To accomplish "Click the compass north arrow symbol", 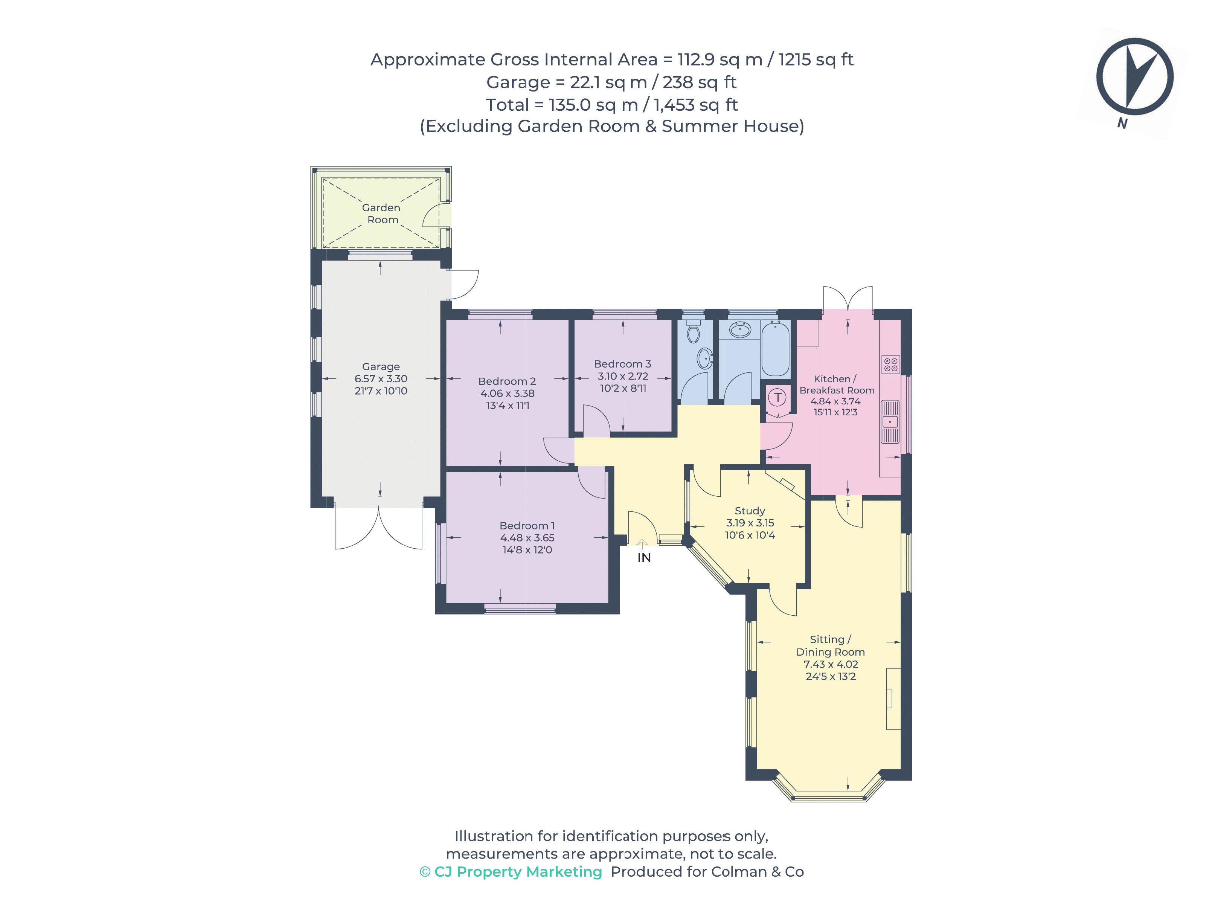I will coord(1134,77).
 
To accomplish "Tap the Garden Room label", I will coord(381,214).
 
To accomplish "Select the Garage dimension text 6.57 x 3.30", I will coord(381,378).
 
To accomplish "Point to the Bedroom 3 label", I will coord(622,364).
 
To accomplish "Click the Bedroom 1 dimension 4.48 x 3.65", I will coord(527,538).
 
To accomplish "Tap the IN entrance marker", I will coord(644,558).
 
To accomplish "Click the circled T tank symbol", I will coord(778,398).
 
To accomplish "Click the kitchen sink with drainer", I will coord(890,421).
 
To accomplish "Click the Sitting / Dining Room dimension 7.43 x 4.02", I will coord(831,664).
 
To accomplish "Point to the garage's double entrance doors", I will coord(378,527).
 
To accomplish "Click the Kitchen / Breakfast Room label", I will coord(837,384).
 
